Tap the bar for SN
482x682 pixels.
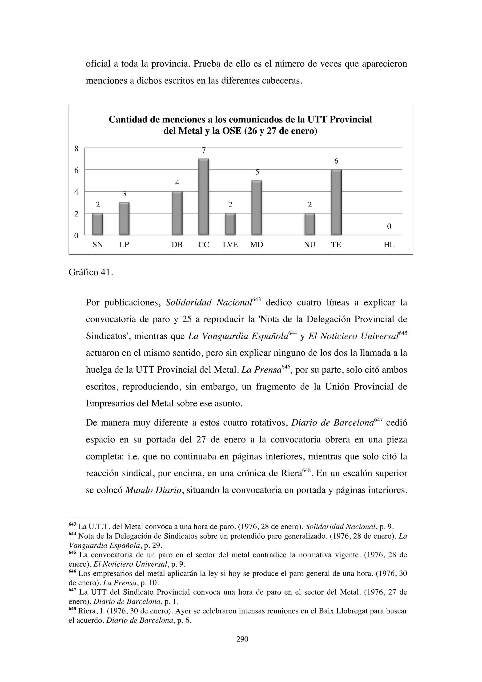click(98, 224)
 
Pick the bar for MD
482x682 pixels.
click(257, 208)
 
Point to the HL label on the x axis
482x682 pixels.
click(389, 245)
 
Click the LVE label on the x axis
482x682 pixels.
click(230, 245)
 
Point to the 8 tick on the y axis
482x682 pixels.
click(76, 149)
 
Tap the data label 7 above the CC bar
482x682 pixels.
click(204, 150)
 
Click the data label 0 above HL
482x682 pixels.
click(389, 227)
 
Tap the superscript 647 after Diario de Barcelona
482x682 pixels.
click(378, 419)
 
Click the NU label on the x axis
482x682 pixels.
click(309, 245)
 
